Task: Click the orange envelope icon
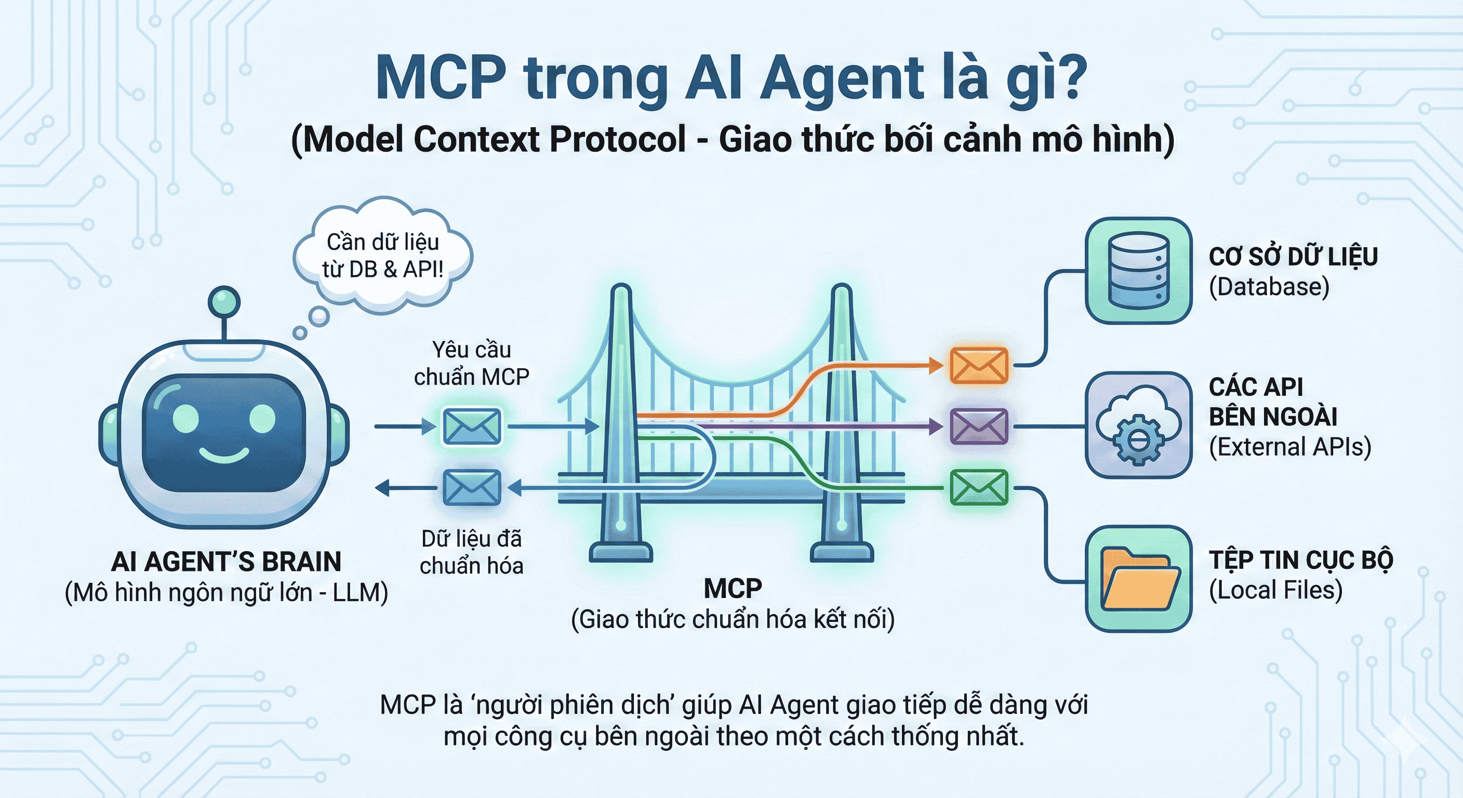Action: coord(979,365)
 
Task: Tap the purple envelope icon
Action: coord(979,426)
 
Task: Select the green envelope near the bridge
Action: coord(979,487)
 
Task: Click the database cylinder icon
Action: coord(1138,270)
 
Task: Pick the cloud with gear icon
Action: coord(1138,425)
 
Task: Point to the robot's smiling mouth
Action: coord(224,455)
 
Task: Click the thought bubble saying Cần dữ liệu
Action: coord(383,256)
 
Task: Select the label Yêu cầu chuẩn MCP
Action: coord(471,363)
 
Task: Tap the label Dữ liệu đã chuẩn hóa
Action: coord(471,552)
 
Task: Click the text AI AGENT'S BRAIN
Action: coord(226,562)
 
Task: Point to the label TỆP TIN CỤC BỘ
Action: coord(1300,561)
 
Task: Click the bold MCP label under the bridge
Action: coord(733,589)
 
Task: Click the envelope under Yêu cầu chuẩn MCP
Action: coord(471,426)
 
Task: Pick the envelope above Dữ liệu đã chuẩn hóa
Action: coord(471,487)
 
